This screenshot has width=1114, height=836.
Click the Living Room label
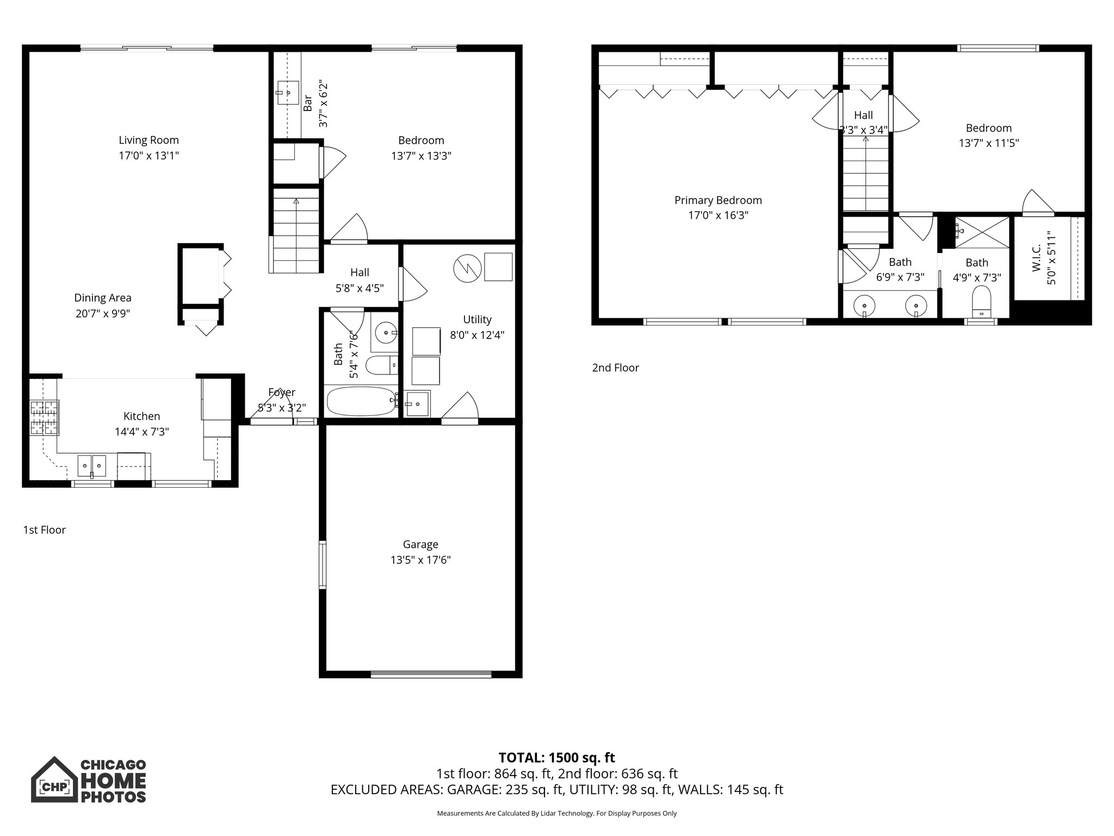148,140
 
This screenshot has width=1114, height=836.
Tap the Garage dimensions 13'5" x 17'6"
420,560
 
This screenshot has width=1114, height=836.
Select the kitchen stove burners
44,417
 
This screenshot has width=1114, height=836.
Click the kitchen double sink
92,465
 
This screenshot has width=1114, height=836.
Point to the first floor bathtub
361,401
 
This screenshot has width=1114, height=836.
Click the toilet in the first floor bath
381,365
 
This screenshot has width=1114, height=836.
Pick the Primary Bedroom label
718,200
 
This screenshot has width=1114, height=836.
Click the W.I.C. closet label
1036,258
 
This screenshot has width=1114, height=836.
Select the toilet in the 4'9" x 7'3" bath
981,302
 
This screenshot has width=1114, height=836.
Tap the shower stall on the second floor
982,232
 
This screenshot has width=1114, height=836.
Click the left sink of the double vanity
864,305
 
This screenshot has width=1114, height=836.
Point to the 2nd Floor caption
615,368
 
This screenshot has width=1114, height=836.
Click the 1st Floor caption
44,530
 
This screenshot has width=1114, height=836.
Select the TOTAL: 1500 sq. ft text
556,758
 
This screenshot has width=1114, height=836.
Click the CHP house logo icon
54,779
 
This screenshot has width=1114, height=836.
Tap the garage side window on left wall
323,565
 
